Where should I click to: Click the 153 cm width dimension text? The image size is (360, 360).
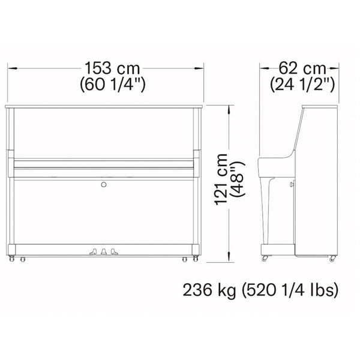tap(112, 68)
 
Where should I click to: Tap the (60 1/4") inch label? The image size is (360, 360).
tap(113, 85)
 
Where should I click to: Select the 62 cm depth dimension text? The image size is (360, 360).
tap(302, 68)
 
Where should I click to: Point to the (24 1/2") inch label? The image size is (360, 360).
tap(302, 85)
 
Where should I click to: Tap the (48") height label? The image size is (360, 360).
tap(238, 179)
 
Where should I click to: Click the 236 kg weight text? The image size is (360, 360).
tap(209, 290)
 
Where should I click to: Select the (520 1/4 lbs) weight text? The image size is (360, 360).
tap(290, 290)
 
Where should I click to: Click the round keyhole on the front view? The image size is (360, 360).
tap(104, 184)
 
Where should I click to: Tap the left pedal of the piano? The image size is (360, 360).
tap(93, 252)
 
